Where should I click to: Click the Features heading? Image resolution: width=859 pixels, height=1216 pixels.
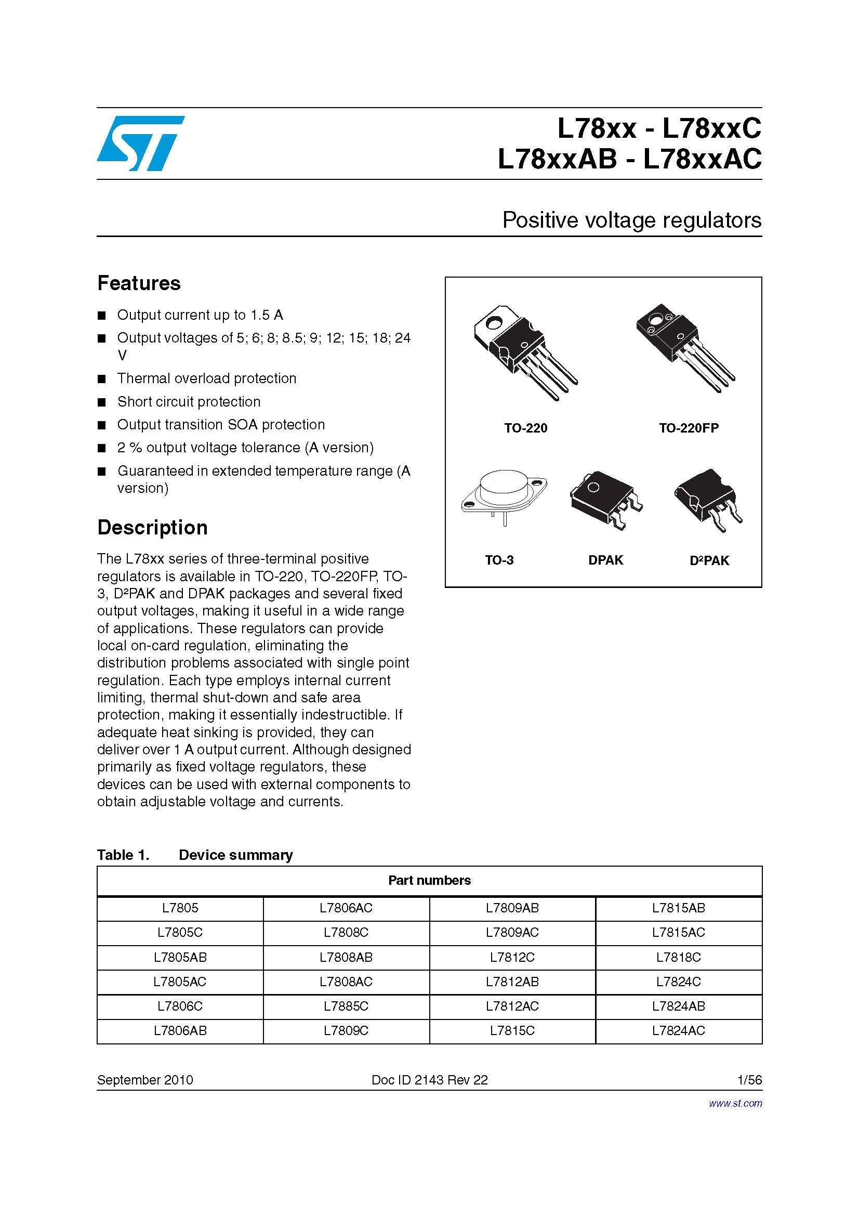point(139,283)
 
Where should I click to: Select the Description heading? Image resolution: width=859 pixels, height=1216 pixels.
point(152,528)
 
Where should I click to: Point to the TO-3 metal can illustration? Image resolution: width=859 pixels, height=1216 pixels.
point(504,498)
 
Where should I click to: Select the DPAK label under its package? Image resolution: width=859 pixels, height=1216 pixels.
point(605,560)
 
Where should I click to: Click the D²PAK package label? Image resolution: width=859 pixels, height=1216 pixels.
point(709,560)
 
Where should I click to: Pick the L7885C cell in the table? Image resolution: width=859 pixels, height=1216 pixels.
point(346,1006)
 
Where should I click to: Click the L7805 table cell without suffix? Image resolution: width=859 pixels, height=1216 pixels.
point(180,908)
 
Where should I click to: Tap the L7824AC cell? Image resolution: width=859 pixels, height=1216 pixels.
point(679,1030)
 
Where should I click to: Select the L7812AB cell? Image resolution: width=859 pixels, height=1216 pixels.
point(512,982)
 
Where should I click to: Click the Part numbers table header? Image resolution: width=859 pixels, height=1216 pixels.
point(429,880)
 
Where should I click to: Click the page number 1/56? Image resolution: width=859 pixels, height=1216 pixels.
point(749,1080)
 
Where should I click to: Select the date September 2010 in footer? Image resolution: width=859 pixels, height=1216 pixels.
point(145,1080)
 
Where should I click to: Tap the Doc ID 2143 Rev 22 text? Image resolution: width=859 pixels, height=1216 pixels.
point(429,1080)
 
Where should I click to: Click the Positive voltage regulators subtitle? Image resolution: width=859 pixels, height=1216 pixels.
point(631,220)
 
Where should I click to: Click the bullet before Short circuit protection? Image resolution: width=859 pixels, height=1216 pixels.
point(102,402)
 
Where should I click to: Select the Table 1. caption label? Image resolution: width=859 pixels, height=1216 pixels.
point(123,855)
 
